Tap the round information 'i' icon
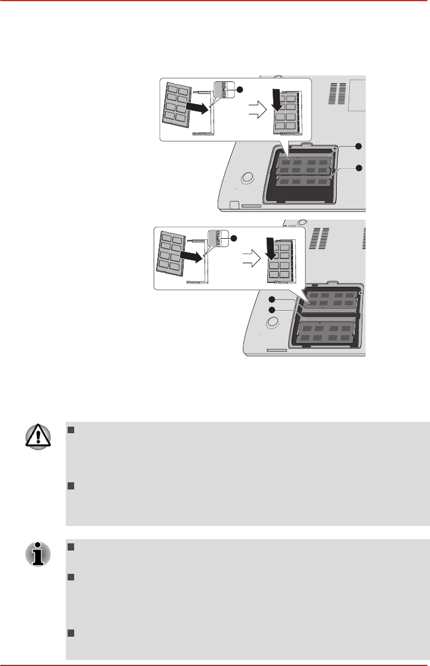tap(37, 555)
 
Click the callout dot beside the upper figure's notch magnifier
tap(240, 89)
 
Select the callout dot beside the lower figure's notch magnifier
tap(234, 239)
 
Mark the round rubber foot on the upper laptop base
tap(245, 178)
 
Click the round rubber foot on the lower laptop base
tap(273, 322)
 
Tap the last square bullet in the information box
tap(70, 634)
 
